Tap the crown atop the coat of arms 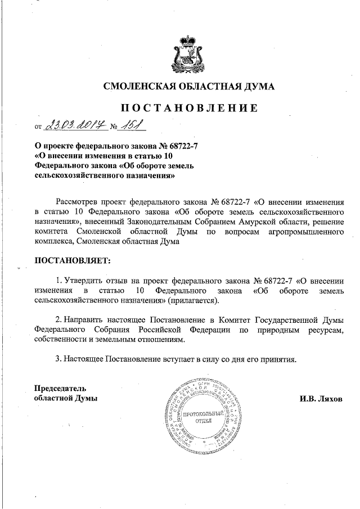point(189,40)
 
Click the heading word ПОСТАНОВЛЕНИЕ point(188,108)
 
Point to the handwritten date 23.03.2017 point(74,125)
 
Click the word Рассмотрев point(79,201)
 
